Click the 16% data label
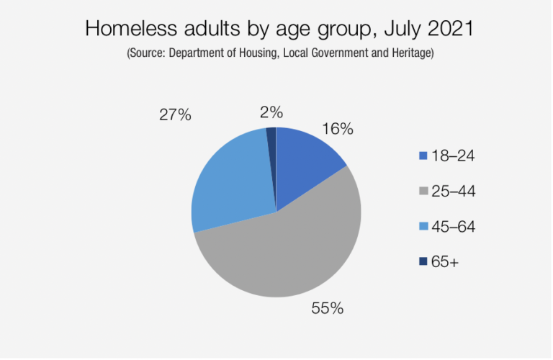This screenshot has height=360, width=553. coord(338,129)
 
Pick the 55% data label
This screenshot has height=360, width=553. coord(328,309)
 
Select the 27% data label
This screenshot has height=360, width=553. coord(175,114)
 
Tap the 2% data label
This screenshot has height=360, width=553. coord(271,112)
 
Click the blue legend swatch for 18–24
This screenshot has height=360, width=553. coord(422,156)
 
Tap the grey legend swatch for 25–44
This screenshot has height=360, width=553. coord(422,192)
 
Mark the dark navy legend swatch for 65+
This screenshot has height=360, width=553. coord(422,262)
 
